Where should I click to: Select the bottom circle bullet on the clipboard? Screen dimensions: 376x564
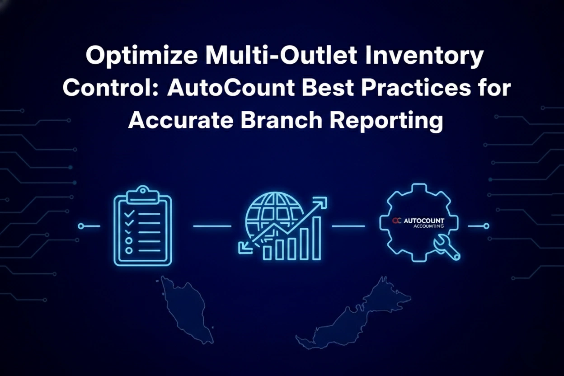click(x=129, y=250)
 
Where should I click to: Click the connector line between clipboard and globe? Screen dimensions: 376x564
click(x=212, y=226)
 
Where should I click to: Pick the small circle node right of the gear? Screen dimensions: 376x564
click(x=486, y=226)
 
